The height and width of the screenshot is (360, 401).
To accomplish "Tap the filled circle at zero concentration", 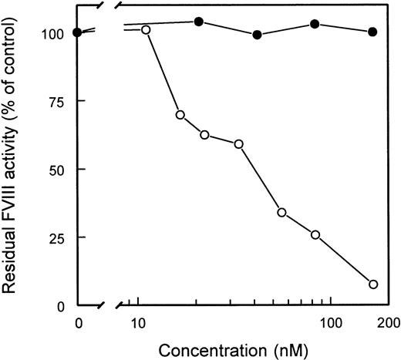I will [77, 32].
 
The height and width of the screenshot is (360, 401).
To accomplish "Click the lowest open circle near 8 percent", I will [373, 284].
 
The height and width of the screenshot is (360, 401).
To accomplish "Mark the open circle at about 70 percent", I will [180, 115].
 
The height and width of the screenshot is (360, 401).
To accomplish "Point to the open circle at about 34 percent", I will [281, 212].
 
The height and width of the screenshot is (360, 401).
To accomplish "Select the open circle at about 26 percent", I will [315, 234].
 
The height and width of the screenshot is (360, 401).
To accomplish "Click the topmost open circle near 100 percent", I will [146, 30].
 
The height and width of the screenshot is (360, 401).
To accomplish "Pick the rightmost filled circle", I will [373, 32].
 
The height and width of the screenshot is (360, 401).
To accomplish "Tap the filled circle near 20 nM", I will [198, 22].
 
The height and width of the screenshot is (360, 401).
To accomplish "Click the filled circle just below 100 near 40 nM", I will [257, 35].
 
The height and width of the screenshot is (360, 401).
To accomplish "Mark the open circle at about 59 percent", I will [239, 144].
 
